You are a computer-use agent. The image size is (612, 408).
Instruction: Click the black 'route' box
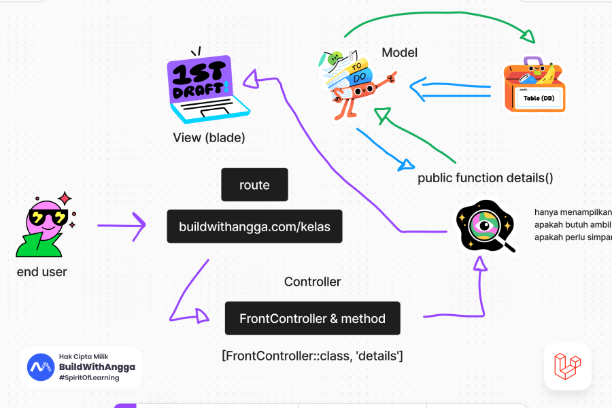coord(254,185)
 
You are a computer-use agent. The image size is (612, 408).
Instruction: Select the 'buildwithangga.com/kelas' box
coord(254,226)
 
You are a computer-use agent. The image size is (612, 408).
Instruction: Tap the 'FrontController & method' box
coord(312,318)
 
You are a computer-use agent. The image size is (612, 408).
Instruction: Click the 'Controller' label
coord(312,282)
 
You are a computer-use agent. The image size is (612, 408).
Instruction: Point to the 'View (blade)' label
coord(209,137)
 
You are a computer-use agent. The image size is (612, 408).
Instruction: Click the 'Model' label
coord(399,52)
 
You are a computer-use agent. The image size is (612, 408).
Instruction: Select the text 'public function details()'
coord(485,178)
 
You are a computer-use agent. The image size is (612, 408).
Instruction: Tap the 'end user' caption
coord(42,272)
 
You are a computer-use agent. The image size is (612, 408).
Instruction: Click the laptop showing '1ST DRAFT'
coord(201,88)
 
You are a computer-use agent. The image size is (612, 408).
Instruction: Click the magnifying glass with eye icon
coord(486,226)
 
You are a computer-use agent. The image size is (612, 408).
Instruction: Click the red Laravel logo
coord(567,366)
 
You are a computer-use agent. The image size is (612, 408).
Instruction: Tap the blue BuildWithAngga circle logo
coord(41,367)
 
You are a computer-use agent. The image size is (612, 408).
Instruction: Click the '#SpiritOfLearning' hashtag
coord(89,378)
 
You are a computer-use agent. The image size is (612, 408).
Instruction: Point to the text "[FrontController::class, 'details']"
coord(312,355)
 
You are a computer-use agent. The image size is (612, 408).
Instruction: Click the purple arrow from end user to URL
coord(122,225)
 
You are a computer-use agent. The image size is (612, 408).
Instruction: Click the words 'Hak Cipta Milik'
coord(84,356)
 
